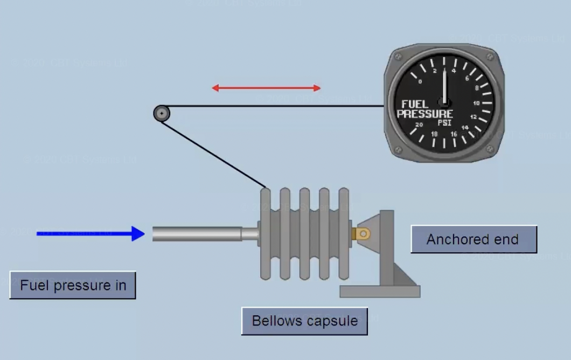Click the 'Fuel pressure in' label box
(73, 285)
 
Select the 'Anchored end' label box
(473, 239)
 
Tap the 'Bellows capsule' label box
(304, 321)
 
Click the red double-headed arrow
(266, 88)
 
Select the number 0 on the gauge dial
(420, 82)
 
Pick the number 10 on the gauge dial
(476, 102)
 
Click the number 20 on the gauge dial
(419, 124)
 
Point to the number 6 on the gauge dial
(467, 78)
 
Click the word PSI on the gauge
(444, 122)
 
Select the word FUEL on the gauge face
(415, 104)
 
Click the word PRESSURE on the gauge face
(425, 114)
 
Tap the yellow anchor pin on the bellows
(361, 233)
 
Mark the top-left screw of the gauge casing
(398, 55)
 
